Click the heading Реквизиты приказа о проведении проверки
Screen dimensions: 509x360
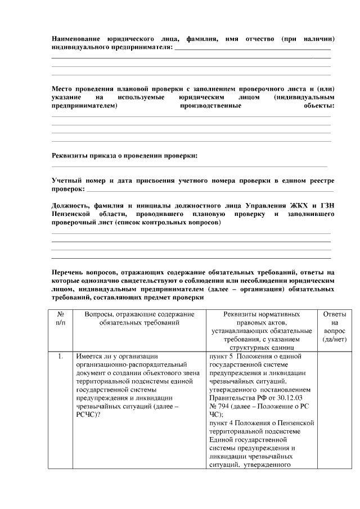coord(124,155)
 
